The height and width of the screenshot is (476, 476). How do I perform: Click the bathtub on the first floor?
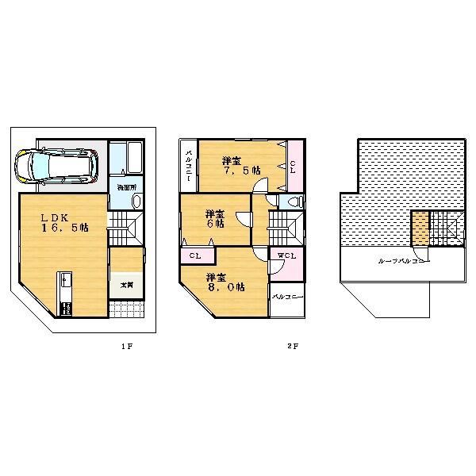[x=125, y=158]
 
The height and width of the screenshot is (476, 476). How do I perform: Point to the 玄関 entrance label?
[x=125, y=283]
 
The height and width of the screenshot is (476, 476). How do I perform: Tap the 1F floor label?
[x=126, y=346]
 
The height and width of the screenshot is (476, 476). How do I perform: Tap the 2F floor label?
[x=292, y=346]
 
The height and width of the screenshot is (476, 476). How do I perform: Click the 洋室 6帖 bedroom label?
[x=213, y=217]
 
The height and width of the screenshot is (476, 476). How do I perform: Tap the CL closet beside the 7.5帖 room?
[x=294, y=167]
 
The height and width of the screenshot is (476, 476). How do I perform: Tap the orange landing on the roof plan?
[x=420, y=228]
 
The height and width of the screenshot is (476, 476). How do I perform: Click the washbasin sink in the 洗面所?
[x=135, y=202]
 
